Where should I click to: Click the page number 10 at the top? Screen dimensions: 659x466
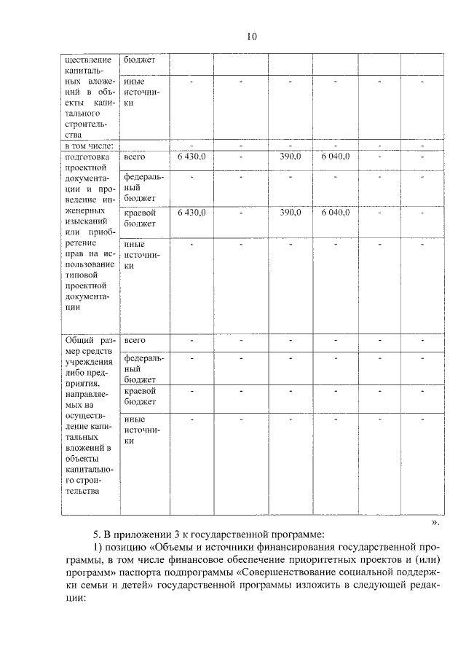[x=251, y=36]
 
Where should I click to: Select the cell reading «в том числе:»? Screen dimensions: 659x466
[x=89, y=146]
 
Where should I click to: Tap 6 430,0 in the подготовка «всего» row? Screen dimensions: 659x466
[x=192, y=156]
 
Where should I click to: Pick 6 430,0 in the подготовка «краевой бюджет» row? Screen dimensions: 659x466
[x=192, y=212]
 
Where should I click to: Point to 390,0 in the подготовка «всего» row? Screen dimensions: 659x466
[x=291, y=156]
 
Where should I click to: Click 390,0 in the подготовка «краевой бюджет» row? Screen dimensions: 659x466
[x=291, y=212]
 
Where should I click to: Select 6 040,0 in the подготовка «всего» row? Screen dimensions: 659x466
[x=335, y=156]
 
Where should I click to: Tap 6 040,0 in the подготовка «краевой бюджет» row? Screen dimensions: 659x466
[x=335, y=212]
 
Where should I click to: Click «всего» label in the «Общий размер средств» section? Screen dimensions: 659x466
[x=135, y=340]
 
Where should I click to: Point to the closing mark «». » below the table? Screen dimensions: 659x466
[x=435, y=521]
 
